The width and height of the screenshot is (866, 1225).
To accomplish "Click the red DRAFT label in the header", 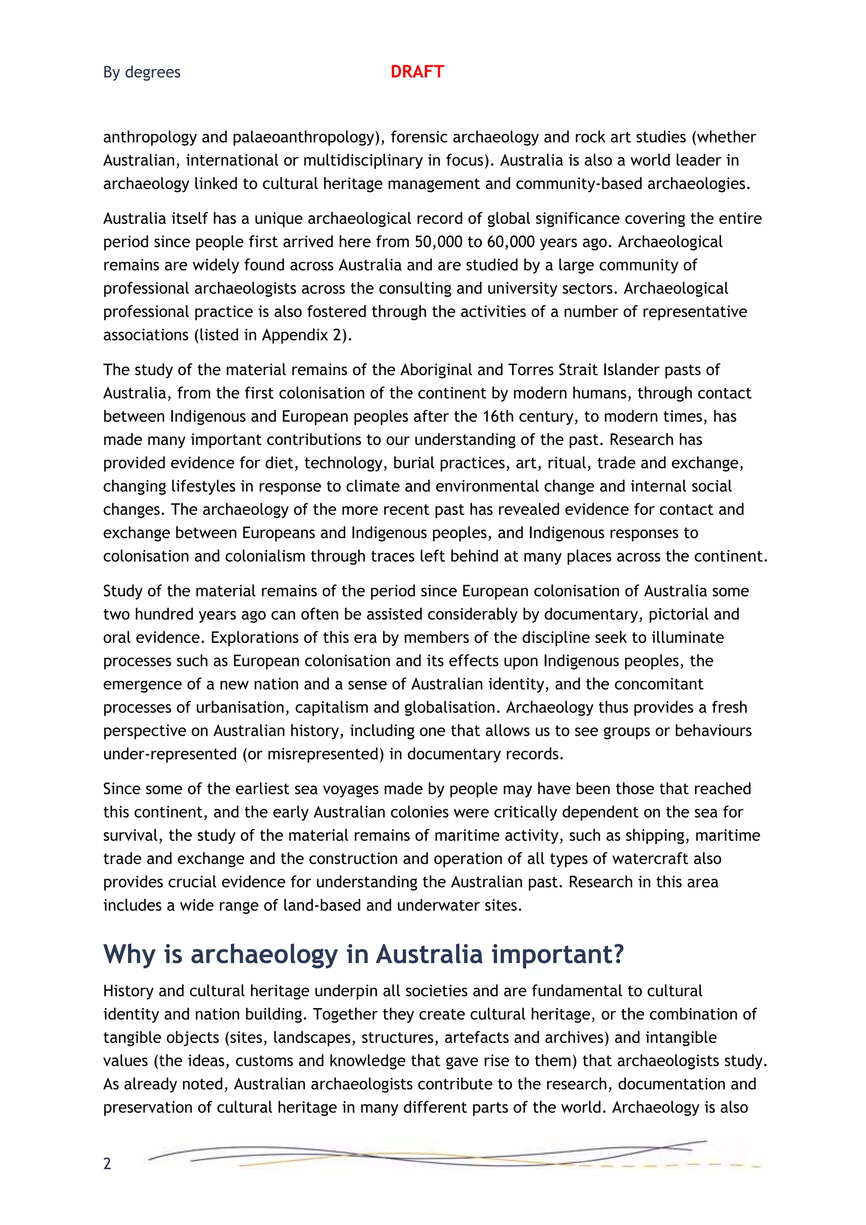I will click(417, 71).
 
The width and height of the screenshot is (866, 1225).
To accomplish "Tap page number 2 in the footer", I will click(107, 1163).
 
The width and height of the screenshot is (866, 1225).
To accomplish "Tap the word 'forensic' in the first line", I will click(419, 137).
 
